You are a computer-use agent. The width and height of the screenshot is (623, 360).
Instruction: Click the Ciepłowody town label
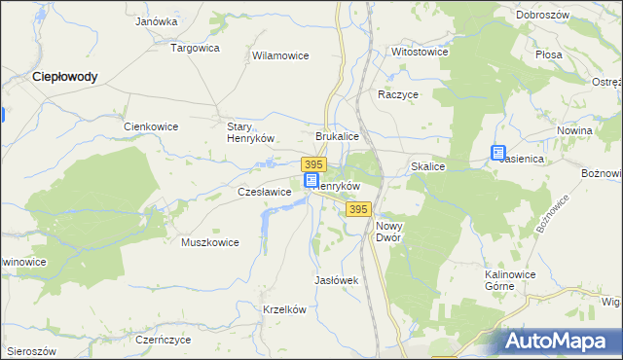(x=64, y=76)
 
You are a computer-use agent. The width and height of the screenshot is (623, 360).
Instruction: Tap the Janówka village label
(x=156, y=20)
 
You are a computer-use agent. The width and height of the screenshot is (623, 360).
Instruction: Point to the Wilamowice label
(x=280, y=56)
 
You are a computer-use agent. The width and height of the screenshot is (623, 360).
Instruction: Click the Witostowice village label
(x=419, y=51)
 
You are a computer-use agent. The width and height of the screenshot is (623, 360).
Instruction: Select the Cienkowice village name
(x=152, y=126)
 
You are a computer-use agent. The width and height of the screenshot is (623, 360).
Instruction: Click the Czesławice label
(x=265, y=193)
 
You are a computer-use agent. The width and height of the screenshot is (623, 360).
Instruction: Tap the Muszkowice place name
(x=210, y=242)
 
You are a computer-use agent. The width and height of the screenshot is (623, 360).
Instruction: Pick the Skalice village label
(x=428, y=167)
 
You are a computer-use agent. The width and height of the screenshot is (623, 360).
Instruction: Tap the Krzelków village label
(x=285, y=309)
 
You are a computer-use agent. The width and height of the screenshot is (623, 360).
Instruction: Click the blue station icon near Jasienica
(x=498, y=153)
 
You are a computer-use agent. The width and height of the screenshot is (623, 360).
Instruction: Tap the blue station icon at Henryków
(x=311, y=181)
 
